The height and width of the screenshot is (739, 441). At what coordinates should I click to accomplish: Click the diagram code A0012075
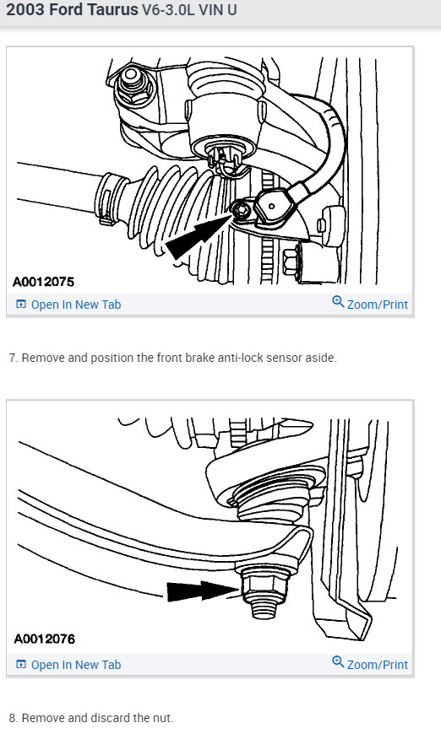pyautogui.click(x=43, y=282)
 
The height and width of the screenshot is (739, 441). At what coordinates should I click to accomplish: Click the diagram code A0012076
pyautogui.click(x=45, y=639)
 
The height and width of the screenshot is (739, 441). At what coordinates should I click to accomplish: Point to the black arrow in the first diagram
pyautogui.click(x=198, y=235)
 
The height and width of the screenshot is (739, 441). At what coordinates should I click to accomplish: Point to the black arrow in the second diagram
pyautogui.click(x=203, y=591)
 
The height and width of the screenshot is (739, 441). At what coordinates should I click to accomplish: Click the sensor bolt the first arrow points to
pyautogui.click(x=242, y=210)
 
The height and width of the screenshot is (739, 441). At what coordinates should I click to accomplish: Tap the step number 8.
pyautogui.click(x=14, y=718)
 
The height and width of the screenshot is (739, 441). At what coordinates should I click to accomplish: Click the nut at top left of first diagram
pyautogui.click(x=133, y=85)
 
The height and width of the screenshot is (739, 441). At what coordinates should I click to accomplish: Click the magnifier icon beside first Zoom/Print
pyautogui.click(x=338, y=302)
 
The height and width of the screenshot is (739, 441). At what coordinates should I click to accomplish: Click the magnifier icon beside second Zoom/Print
pyautogui.click(x=338, y=661)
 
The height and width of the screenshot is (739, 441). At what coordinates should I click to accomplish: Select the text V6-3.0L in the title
pyautogui.click(x=168, y=9)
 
